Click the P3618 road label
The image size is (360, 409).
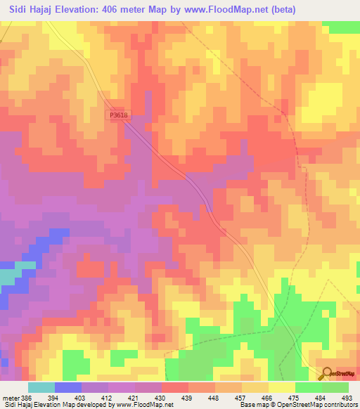(x=118, y=115)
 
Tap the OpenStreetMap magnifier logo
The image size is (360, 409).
(x=326, y=372)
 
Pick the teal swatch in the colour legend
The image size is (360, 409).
(x=41, y=387)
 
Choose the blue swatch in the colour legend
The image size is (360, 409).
(x=67, y=387)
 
